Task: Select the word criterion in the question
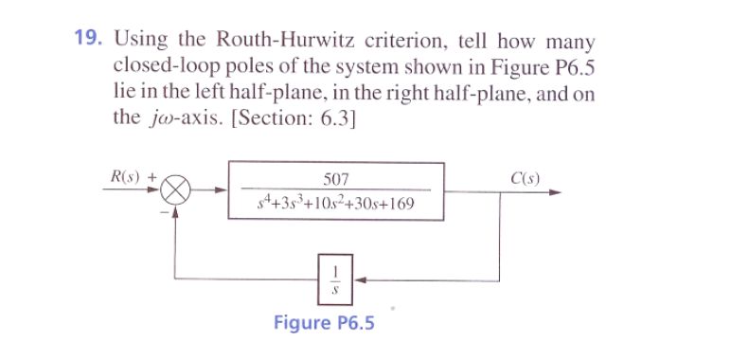coord(396,42)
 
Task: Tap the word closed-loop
coord(157,67)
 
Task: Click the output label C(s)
coord(525,177)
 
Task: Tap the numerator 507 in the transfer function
coord(336,180)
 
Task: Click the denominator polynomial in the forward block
coord(336,204)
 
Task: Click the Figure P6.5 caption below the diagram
coord(324,323)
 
